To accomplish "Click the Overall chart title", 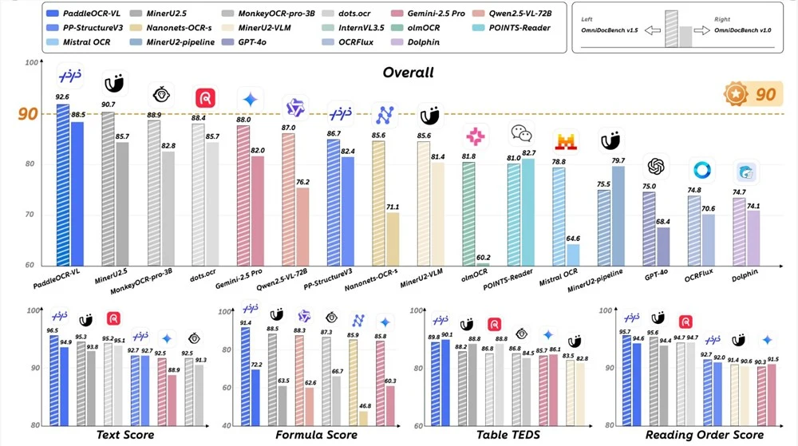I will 407,73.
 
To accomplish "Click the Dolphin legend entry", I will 417,41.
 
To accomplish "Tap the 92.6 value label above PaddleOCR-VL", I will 62,97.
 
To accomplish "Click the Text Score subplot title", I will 125,435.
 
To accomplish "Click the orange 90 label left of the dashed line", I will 28,113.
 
